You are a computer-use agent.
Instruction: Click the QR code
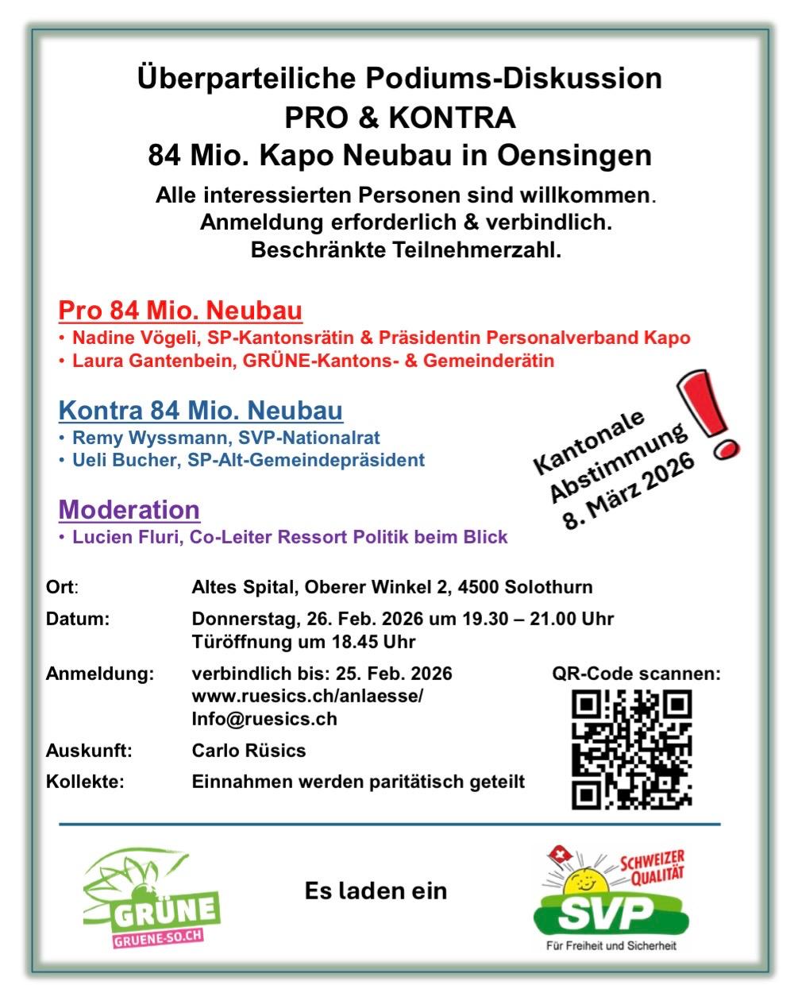632,749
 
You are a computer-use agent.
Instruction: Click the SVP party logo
611,900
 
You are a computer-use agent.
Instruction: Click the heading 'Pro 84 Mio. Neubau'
180,310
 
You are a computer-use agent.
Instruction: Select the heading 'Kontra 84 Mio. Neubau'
201,411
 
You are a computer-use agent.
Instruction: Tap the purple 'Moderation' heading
129,509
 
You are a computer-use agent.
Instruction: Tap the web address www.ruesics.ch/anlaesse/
307,697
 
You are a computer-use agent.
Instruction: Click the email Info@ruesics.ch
264,719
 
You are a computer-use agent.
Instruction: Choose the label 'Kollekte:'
85,782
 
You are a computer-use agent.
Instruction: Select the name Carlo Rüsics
249,751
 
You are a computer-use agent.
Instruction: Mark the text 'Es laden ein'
376,891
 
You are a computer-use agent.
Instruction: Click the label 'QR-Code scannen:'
636,674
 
